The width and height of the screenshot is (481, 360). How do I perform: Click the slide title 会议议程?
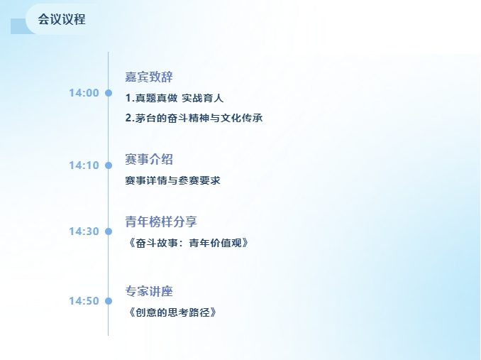click(x=62, y=19)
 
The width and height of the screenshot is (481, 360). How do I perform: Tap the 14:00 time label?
click(x=84, y=93)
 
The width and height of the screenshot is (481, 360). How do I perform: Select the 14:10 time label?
click(x=84, y=165)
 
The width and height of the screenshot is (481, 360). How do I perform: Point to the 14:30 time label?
click(x=84, y=231)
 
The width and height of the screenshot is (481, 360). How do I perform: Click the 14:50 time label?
click(x=84, y=301)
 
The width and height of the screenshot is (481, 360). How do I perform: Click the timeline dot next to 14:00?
click(x=109, y=93)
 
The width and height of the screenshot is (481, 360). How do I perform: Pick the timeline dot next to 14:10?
click(x=109, y=165)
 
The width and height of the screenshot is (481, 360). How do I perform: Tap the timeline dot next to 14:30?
click(x=109, y=231)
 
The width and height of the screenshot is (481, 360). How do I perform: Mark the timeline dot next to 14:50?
click(x=109, y=301)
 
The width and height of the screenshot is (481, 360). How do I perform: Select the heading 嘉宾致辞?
click(x=149, y=77)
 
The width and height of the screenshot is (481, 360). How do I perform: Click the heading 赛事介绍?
click(x=149, y=159)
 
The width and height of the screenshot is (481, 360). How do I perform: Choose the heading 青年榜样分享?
click(x=161, y=222)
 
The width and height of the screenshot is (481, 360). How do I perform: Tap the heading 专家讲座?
click(x=149, y=291)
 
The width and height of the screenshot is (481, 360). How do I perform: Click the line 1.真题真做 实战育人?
click(x=175, y=98)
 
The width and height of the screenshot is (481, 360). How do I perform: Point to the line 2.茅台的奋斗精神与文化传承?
click(x=194, y=118)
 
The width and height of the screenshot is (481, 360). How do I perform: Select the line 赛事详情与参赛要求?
click(x=172, y=180)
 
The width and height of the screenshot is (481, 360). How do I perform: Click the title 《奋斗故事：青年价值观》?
click(x=187, y=243)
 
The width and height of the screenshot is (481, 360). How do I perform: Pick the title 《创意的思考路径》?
click(x=172, y=312)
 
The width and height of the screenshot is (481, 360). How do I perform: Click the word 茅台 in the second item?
click(x=145, y=118)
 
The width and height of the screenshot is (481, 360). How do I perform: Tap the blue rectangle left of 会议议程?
click(x=19, y=26)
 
